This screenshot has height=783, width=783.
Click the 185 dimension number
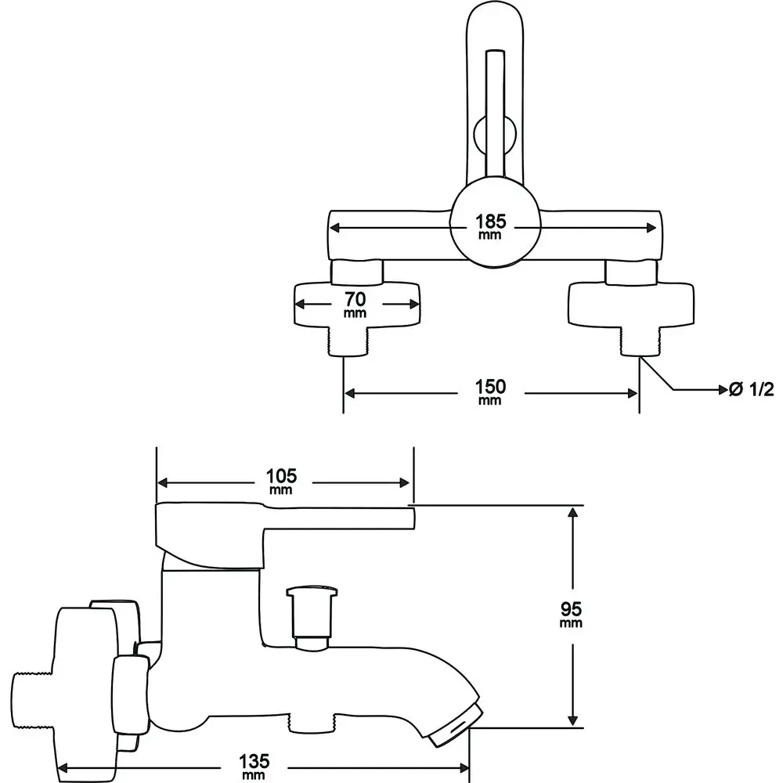490,221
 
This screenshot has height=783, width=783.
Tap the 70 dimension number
355,299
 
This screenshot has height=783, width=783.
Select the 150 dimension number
490,387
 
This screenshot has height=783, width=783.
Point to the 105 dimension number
281,476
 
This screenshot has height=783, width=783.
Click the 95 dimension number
571,609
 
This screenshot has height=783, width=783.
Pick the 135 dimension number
254,762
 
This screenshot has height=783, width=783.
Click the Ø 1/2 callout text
752,389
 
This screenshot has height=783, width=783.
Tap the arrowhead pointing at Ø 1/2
723,389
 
